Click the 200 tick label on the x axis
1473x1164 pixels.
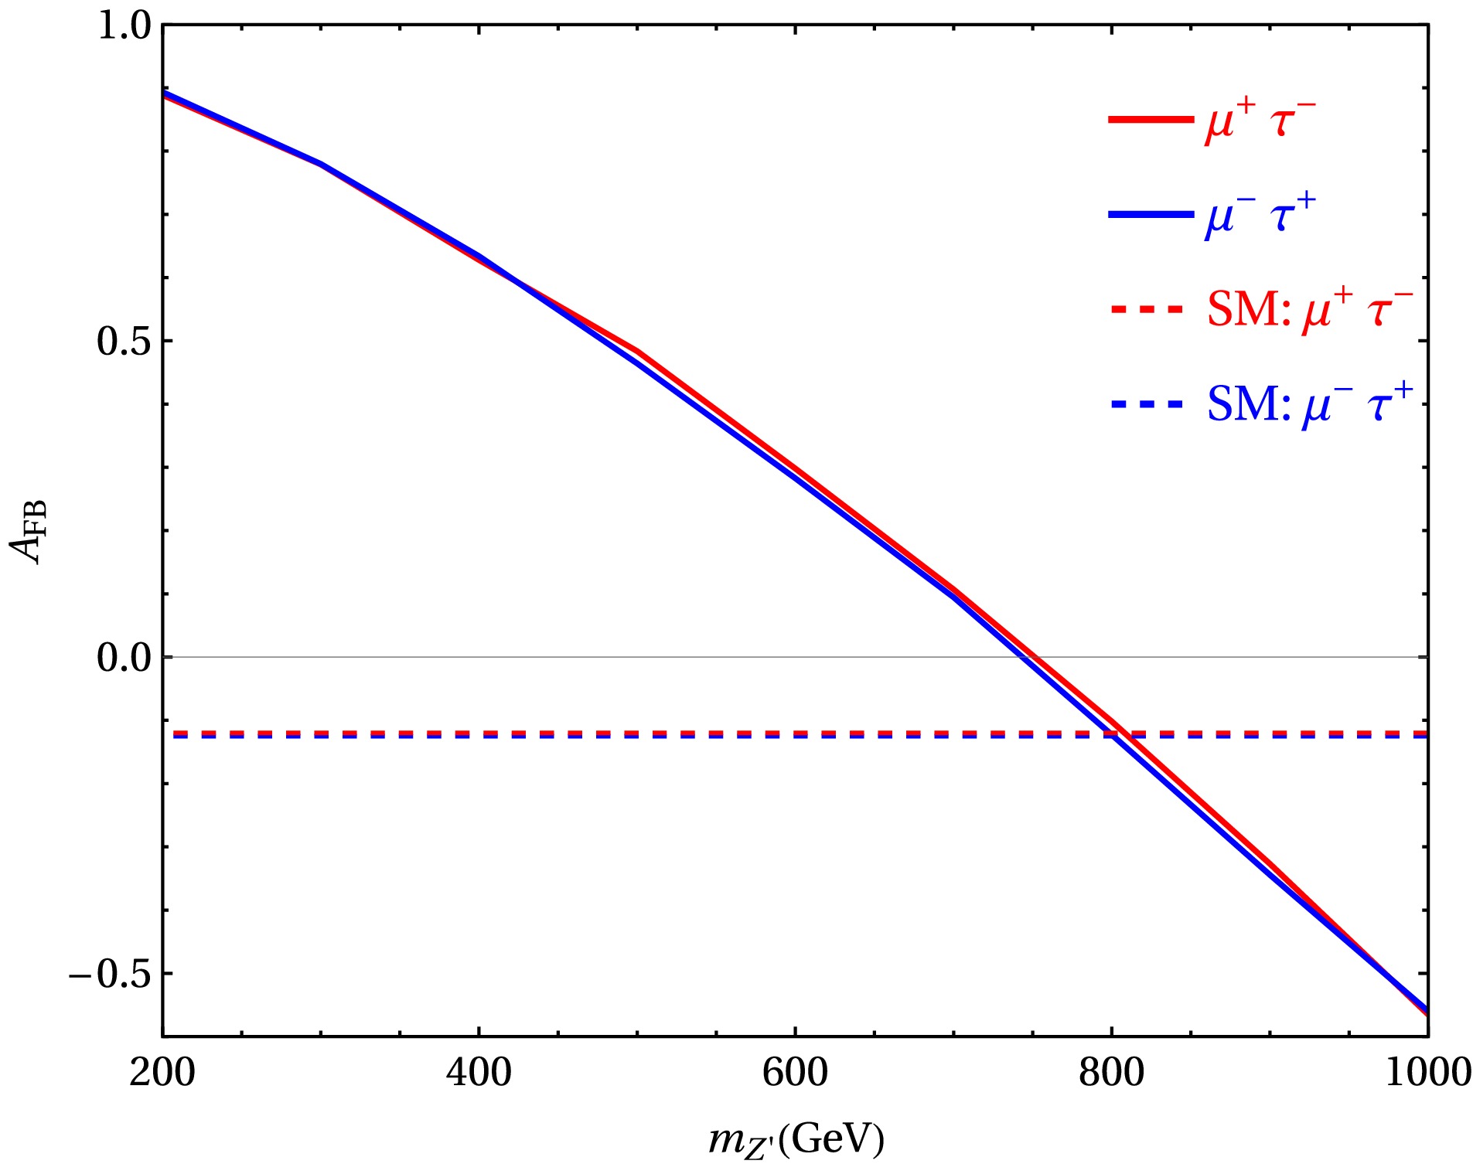pos(162,1073)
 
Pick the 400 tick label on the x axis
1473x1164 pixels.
pos(479,1073)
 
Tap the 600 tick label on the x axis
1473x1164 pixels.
pos(795,1073)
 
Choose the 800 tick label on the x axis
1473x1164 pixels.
pos(1111,1073)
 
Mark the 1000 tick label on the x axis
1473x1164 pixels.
pos(1427,1073)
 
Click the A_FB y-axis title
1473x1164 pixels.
pos(29,532)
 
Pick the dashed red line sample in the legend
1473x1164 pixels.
pos(1147,309)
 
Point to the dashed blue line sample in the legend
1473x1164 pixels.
pos(1147,403)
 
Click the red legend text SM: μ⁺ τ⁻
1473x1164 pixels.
pos(1310,309)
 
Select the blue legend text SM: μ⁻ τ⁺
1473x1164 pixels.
pos(1310,403)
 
